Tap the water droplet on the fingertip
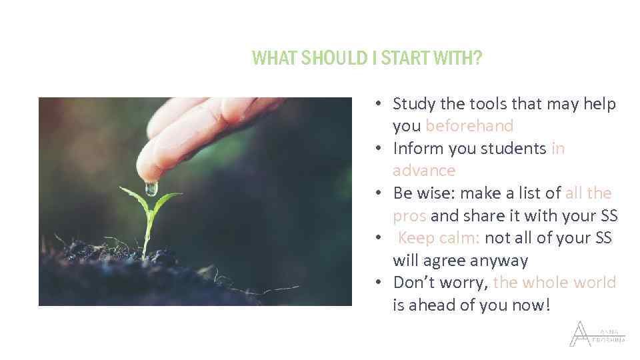point(151,188)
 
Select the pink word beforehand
point(469,126)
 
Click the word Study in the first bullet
point(414,104)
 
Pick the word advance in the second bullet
point(424,171)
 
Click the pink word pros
point(410,215)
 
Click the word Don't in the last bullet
point(413,283)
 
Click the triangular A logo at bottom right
point(579,334)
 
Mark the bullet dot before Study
point(377,104)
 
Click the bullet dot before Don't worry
point(377,283)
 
